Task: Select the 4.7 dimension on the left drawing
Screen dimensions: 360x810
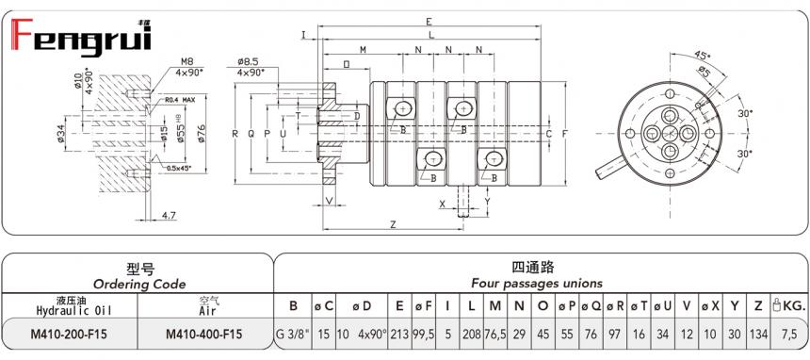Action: pos(170,216)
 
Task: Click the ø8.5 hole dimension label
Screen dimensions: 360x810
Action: pos(247,62)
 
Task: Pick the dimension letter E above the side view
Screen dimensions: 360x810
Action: pos(429,20)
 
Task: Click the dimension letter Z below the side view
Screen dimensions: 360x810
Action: pos(392,223)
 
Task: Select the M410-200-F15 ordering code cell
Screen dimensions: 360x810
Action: pos(70,334)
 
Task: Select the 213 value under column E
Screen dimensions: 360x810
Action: pos(400,334)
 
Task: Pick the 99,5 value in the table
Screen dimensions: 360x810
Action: pos(424,334)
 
